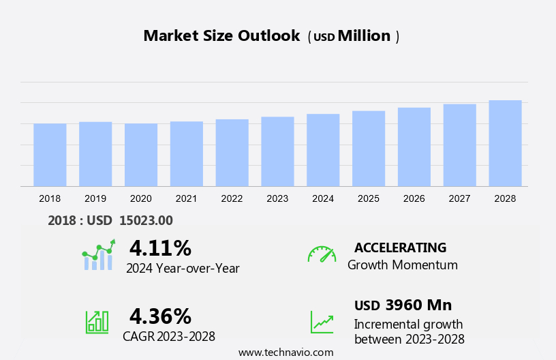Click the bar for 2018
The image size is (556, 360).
pyautogui.click(x=50, y=155)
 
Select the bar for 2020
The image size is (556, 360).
pyautogui.click(x=141, y=155)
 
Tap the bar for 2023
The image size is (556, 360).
pyautogui.click(x=277, y=151)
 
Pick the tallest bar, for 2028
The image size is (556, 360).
pyautogui.click(x=505, y=143)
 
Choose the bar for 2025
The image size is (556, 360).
pyautogui.click(x=369, y=149)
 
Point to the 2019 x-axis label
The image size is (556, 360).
pyautogui.click(x=95, y=198)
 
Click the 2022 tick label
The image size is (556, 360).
pyautogui.click(x=232, y=198)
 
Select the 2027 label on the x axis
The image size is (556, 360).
pyautogui.click(x=459, y=198)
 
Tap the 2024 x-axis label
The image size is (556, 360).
pyautogui.click(x=323, y=198)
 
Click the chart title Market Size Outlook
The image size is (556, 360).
pyautogui.click(x=221, y=36)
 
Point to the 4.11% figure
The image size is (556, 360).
pyautogui.click(x=160, y=247)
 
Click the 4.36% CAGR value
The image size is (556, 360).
pyautogui.click(x=160, y=316)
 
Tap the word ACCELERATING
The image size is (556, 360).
pyautogui.click(x=400, y=247)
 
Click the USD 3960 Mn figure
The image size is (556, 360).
pyautogui.click(x=403, y=305)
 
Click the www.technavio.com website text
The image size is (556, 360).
pyautogui.click(x=285, y=352)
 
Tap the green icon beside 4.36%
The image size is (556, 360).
pyautogui.click(x=97, y=322)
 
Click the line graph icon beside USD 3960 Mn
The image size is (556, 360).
pyautogui.click(x=322, y=322)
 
